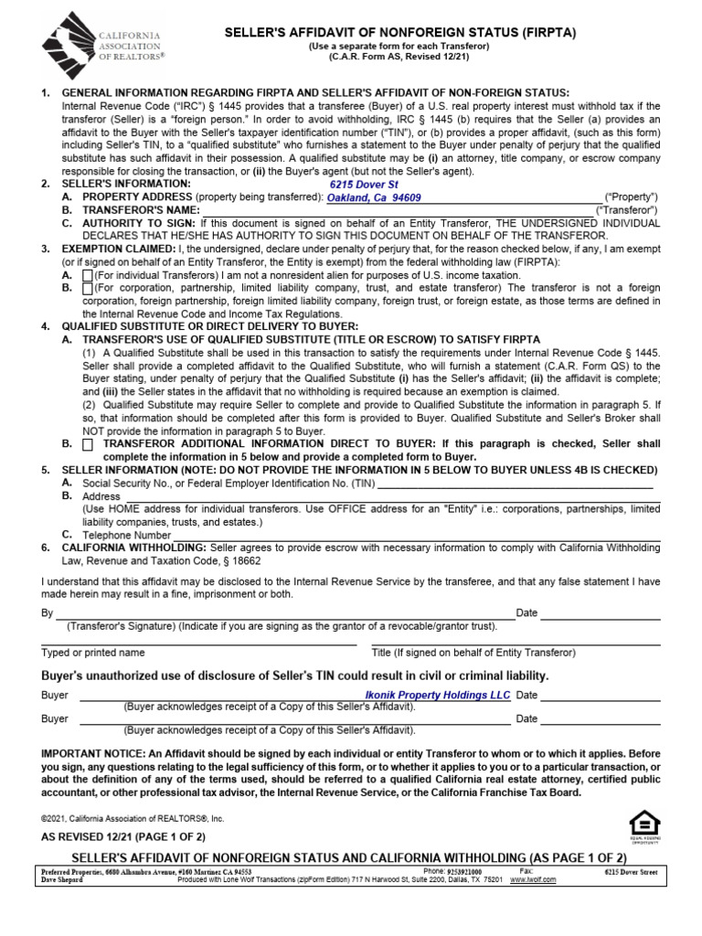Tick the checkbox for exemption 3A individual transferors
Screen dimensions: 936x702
(88, 275)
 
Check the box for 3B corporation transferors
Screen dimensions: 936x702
(88, 288)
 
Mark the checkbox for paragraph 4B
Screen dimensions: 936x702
(88, 444)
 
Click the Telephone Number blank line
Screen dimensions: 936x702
(366, 535)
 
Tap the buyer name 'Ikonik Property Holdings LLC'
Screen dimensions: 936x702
(438, 696)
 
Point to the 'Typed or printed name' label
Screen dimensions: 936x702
(93, 653)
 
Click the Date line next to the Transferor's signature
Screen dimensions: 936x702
(600, 613)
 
